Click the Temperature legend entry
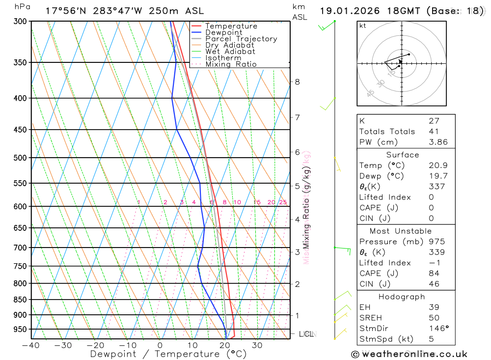[231, 26]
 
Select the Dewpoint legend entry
[223, 32]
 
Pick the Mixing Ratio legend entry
[231, 64]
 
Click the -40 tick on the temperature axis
[30, 345]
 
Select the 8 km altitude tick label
[297, 82]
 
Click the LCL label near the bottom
[306, 334]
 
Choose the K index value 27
[434, 120]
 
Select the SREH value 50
[434, 318]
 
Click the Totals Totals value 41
[434, 131]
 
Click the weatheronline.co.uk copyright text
[409, 354]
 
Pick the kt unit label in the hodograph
[363, 26]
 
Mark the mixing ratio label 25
[283, 202]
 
